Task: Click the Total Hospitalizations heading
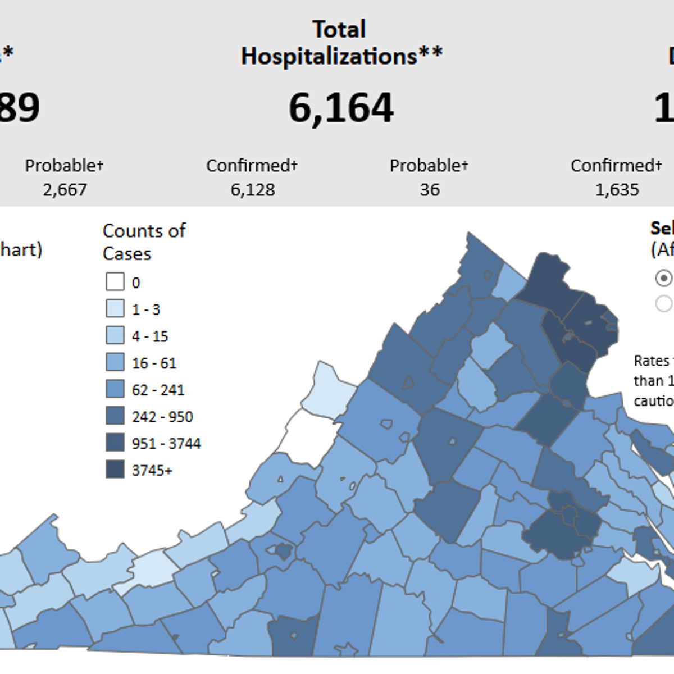(x=341, y=43)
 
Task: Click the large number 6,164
(x=341, y=108)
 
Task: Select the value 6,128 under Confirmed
(x=253, y=190)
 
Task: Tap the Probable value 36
(x=429, y=190)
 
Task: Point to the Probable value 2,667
(x=65, y=190)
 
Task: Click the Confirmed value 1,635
(x=617, y=190)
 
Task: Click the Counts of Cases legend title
(x=144, y=242)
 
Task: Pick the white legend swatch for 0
(x=115, y=281)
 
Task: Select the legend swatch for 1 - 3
(x=115, y=308)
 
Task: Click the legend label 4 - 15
(x=150, y=336)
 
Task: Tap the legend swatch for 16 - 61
(x=115, y=362)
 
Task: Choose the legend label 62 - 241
(x=158, y=390)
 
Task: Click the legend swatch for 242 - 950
(x=115, y=416)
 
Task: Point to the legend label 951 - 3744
(x=166, y=443)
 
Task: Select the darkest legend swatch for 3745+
(x=115, y=469)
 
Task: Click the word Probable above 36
(x=429, y=166)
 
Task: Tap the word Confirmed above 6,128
(x=252, y=166)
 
